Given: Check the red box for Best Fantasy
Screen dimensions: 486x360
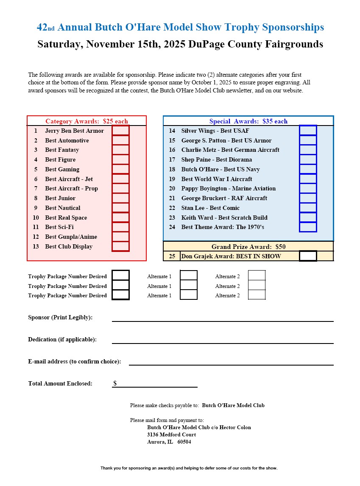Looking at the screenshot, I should [x=120, y=150].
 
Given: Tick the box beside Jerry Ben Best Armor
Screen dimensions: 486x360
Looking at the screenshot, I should [x=120, y=131].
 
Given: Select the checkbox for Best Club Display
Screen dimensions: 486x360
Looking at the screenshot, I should [x=120, y=246].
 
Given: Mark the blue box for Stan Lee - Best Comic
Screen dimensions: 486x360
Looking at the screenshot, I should [x=308, y=208].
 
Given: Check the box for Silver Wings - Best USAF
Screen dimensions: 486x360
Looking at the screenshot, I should [x=308, y=131].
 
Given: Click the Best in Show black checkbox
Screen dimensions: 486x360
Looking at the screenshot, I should [x=308, y=256].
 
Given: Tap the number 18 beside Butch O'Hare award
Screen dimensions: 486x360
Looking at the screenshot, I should [x=172, y=169].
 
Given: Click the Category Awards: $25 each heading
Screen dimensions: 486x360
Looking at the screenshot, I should [x=87, y=121].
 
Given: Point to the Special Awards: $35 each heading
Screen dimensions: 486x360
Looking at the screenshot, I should [x=248, y=121].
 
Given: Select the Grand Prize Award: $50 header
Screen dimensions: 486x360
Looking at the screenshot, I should [x=248, y=247].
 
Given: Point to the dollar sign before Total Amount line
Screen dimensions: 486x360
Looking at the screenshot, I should [x=115, y=383].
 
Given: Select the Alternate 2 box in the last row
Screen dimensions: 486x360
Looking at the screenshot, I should [x=257, y=295].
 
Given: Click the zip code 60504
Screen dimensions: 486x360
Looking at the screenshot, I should [x=184, y=442].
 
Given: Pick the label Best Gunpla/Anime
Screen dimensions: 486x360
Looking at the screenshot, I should [x=71, y=237].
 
